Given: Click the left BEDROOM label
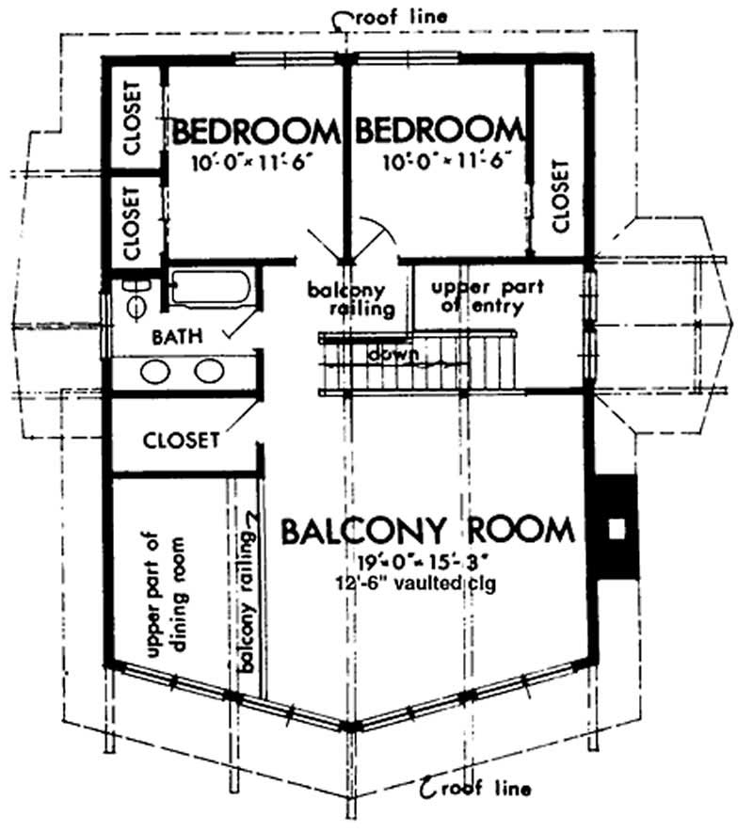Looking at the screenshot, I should pyautogui.click(x=255, y=130).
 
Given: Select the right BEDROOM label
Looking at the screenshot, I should pyautogui.click(x=439, y=130).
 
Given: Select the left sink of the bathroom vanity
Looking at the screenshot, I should pyautogui.click(x=156, y=372).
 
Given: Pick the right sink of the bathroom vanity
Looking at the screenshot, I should pyautogui.click(x=208, y=372).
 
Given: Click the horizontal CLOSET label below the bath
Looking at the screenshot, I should pyautogui.click(x=182, y=440).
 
